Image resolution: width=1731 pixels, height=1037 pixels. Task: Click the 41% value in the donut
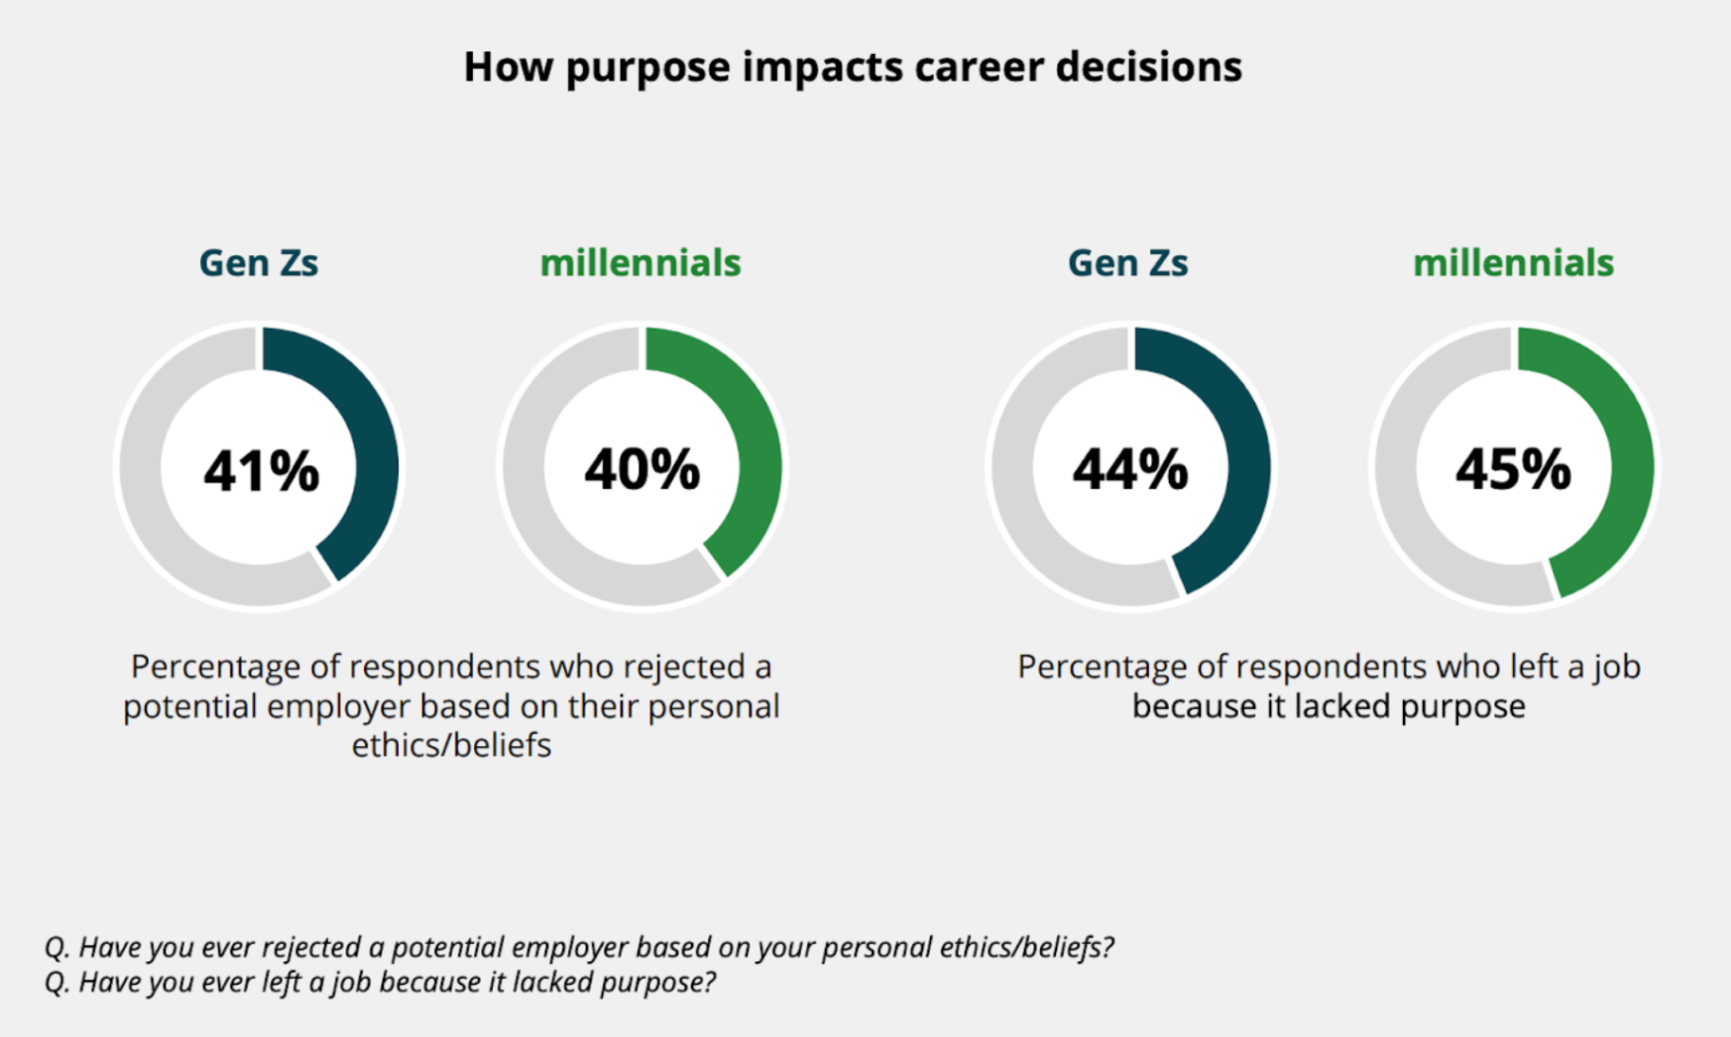coord(261,470)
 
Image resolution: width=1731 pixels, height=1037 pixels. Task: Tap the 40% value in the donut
coord(642,470)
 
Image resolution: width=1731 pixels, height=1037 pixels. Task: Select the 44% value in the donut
coord(1130,470)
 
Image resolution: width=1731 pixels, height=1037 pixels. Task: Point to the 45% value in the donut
coord(1513,470)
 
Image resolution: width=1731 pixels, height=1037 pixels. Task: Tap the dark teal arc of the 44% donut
coord(1248,455)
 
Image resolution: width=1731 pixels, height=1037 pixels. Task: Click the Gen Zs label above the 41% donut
coord(258,263)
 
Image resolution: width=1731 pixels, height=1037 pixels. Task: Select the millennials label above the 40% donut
coord(641,263)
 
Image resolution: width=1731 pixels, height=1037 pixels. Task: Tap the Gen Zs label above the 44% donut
coord(1127,263)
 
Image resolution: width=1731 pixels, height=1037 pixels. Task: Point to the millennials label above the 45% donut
coord(1513,263)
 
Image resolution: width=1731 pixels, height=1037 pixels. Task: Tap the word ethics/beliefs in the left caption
coord(451,745)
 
